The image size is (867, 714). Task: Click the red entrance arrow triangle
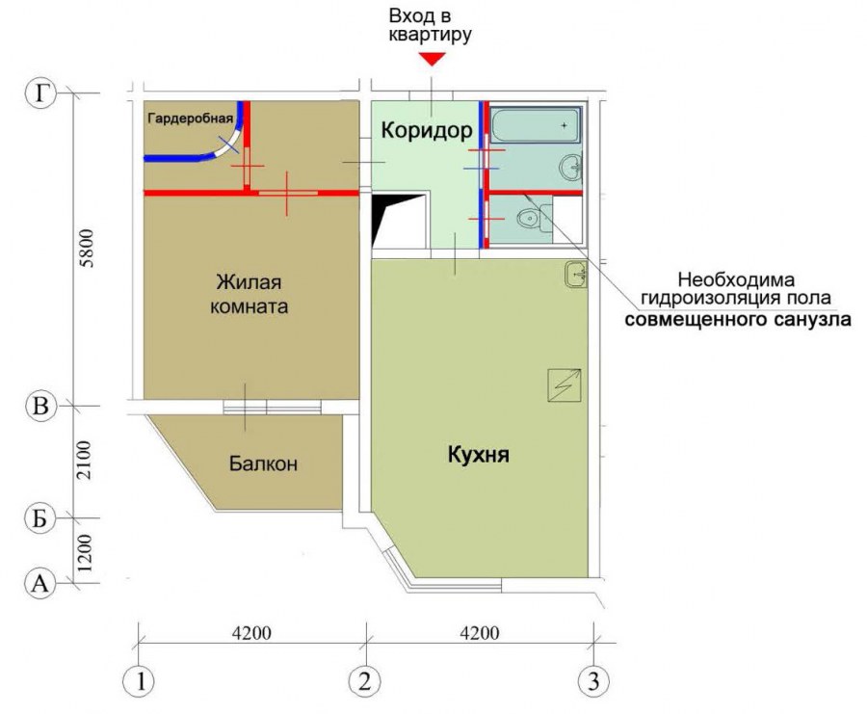point(432,59)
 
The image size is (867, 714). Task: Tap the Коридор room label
point(427,130)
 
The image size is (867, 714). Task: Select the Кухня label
point(478,455)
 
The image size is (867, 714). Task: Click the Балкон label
point(263,463)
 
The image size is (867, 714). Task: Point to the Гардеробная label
point(190,119)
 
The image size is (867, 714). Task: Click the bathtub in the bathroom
point(536,126)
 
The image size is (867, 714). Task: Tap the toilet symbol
point(531,218)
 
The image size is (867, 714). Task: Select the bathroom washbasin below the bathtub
point(570,167)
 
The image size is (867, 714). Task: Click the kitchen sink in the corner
point(576,274)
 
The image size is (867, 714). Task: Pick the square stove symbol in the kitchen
point(564,384)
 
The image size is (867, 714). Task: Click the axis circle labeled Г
point(40,93)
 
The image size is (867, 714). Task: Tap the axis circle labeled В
point(40,407)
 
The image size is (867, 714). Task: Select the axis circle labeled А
point(40,584)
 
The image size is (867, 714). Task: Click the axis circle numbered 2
point(365,681)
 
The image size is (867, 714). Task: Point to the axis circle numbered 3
point(593,681)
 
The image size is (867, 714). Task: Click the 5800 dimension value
point(87,249)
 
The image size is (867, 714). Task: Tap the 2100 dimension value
point(84,461)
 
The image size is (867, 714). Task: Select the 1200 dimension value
point(85,553)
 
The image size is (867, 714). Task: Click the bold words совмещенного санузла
point(738,320)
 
